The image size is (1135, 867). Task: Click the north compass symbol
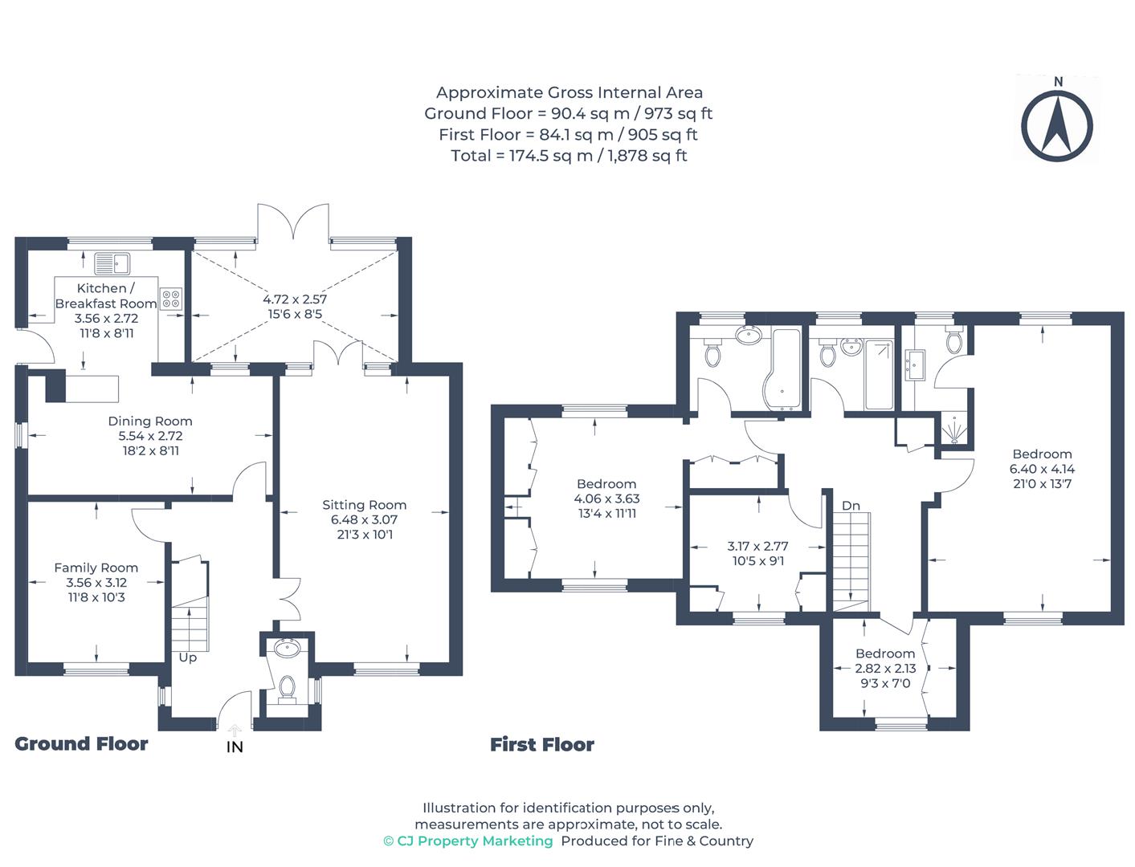(1057, 124)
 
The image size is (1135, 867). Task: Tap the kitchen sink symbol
(112, 263)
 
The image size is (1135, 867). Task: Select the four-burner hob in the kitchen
(171, 299)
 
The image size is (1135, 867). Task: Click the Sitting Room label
(364, 505)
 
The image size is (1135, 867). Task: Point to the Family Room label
(96, 568)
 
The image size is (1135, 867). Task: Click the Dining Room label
(150, 421)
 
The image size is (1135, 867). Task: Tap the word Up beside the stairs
(187, 657)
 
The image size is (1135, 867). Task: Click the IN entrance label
(235, 747)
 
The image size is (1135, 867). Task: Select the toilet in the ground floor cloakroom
(287, 688)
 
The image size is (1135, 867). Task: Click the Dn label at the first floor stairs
(851, 506)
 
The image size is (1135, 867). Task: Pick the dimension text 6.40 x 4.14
(1042, 469)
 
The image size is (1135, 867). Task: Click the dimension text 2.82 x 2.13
(884, 669)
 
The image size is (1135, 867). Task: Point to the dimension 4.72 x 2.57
(295, 299)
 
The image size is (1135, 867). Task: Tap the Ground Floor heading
(81, 744)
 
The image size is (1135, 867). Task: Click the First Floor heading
(542, 745)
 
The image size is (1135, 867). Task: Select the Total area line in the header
(569, 156)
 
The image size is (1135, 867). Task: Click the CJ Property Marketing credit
(468, 841)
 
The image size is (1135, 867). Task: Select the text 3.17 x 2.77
(757, 546)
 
